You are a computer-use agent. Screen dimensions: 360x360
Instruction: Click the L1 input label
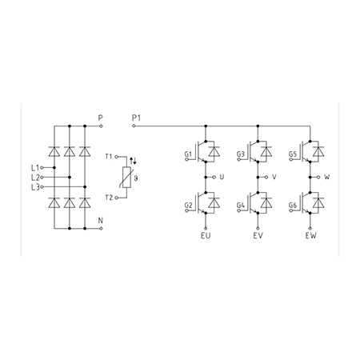pyautogui.click(x=35, y=168)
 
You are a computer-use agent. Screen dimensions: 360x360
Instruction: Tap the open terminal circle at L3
pyautogui.click(x=42, y=187)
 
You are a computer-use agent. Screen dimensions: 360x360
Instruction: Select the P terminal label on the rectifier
pyautogui.click(x=100, y=118)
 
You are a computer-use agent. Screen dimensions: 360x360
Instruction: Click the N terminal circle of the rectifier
pyautogui.click(x=101, y=228)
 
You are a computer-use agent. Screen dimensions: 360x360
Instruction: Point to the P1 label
pyautogui.click(x=136, y=118)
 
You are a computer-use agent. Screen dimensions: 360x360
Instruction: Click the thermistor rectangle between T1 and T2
pyautogui.click(x=126, y=178)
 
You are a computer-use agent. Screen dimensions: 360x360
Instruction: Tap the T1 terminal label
pyautogui.click(x=109, y=156)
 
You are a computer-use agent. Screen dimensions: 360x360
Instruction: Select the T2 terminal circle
pyautogui.click(x=116, y=198)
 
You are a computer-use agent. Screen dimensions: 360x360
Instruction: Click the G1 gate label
pyautogui.click(x=188, y=154)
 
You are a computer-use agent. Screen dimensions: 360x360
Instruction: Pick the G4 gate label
pyautogui.click(x=241, y=206)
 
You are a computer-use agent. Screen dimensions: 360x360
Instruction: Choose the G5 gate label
pyautogui.click(x=293, y=154)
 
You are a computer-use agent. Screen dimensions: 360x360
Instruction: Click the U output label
pyautogui.click(x=222, y=177)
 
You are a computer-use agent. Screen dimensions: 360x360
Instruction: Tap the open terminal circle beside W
pyautogui.click(x=318, y=177)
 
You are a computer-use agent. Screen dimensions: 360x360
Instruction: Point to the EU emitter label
pyautogui.click(x=206, y=236)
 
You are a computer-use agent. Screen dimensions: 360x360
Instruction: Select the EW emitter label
pyautogui.click(x=311, y=236)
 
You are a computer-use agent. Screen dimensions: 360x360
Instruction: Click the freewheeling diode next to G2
pyautogui.click(x=214, y=203)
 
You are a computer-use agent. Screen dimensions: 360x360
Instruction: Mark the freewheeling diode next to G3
pyautogui.click(x=266, y=151)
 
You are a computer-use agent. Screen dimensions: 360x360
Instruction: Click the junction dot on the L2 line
pyautogui.click(x=70, y=178)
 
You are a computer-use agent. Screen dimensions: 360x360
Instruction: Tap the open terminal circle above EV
pyautogui.click(x=258, y=228)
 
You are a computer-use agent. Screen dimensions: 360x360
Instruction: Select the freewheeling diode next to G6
pyautogui.click(x=318, y=203)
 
